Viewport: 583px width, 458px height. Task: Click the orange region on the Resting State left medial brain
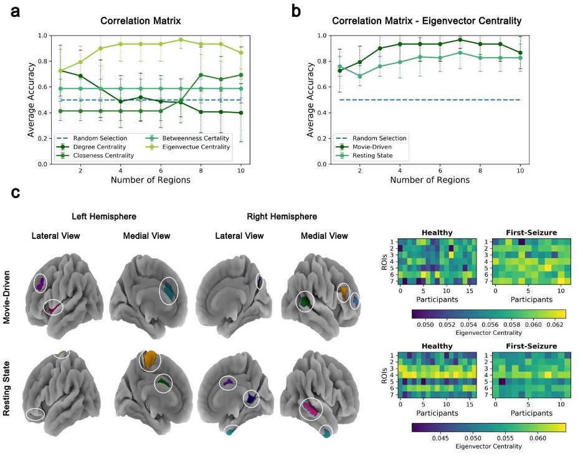point(150,360)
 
